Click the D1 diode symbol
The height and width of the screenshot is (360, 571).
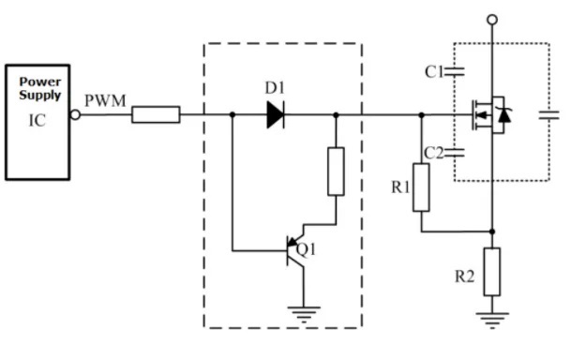coord(275,115)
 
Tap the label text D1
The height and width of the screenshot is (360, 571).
coord(275,88)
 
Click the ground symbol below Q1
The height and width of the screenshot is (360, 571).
coord(302,314)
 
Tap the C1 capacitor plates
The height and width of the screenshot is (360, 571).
coord(456,70)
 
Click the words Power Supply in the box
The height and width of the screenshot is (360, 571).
coord(40,88)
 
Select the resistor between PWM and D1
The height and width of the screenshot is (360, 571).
coord(156,115)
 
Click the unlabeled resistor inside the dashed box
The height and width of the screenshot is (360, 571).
coord(336,171)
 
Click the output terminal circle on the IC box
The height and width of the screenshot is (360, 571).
coord(77,115)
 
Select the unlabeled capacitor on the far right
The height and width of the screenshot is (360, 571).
coord(548,116)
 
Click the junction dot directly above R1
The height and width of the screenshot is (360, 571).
coord(422,115)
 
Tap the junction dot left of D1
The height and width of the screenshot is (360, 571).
coord(232,115)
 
